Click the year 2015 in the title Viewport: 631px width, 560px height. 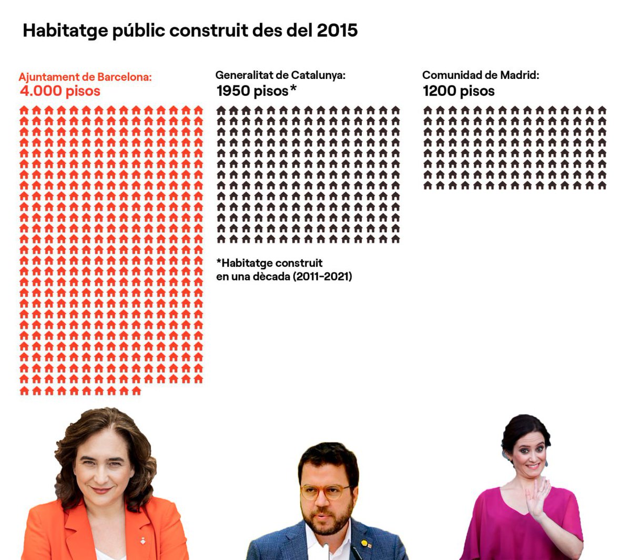[337, 31]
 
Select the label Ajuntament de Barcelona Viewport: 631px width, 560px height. [85, 77]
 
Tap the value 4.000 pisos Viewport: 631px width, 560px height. [60, 91]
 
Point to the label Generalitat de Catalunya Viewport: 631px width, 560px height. [280, 75]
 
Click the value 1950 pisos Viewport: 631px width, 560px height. [252, 91]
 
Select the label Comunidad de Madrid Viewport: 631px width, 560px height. [481, 75]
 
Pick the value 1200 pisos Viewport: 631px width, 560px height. [459, 91]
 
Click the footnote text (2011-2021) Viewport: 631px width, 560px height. [322, 276]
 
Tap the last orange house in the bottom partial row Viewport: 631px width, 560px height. [136, 391]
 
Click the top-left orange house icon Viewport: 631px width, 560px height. [24, 110]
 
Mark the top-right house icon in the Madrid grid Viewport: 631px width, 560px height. [602, 110]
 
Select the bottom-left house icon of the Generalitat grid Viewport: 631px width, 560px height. [221, 239]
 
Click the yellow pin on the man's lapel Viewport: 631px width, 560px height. [364, 543]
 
